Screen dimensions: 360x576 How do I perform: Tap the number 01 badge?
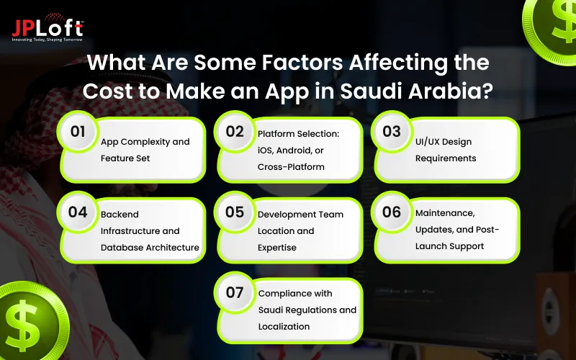(78, 132)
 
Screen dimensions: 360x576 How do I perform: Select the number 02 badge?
(235, 132)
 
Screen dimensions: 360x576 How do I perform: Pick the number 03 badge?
(392, 132)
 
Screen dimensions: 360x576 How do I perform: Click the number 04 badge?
(78, 212)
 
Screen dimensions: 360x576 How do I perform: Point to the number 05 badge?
(235, 212)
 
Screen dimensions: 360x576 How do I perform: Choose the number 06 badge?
(392, 212)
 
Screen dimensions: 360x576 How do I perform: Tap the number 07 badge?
(235, 293)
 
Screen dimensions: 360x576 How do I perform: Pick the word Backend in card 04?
(120, 214)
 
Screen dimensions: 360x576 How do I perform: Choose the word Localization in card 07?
(284, 326)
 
